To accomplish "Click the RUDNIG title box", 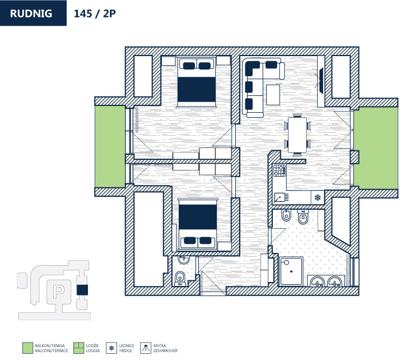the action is [x=33, y=13].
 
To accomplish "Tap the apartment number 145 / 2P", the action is [x=95, y=13].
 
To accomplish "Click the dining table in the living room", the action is [x=297, y=135].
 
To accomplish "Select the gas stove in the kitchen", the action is [x=280, y=170].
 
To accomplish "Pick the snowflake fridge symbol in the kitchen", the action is [x=318, y=198].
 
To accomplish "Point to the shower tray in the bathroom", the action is [x=291, y=271].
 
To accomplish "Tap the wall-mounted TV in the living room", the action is [x=322, y=80].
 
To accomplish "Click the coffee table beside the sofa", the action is [x=273, y=95].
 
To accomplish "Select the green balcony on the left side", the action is [x=110, y=146].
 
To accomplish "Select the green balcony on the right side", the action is [x=375, y=147].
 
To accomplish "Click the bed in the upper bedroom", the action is [x=197, y=82].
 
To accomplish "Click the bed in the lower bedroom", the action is [x=198, y=224].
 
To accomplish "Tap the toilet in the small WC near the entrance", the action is [x=180, y=279].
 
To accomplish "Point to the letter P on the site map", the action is [x=58, y=291].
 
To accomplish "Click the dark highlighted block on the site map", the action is [x=82, y=290].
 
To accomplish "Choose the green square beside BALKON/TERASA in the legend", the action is [x=27, y=348].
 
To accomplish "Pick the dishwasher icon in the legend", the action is [x=146, y=348].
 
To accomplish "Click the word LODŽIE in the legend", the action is [x=92, y=345].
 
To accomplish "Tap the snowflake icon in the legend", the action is [x=111, y=348].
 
